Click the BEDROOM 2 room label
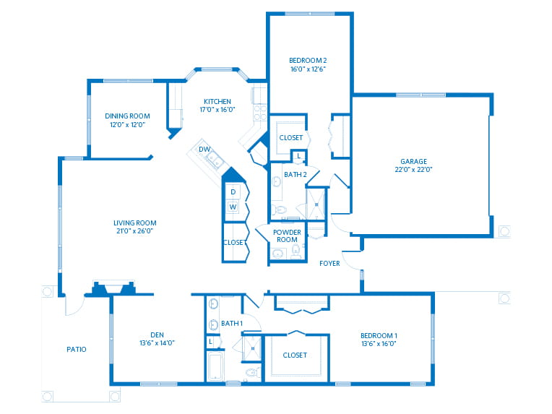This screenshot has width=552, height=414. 306,59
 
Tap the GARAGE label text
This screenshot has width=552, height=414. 414,161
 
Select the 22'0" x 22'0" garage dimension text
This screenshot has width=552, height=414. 414,170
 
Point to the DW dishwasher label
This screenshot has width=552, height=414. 204,150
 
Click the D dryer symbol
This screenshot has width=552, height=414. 233,191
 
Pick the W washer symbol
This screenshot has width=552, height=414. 233,207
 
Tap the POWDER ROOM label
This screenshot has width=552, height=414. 288,236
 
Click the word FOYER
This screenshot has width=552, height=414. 329,264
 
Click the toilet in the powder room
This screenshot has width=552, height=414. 296,251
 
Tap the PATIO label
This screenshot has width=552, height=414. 76,349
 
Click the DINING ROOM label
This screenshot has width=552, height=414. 127,116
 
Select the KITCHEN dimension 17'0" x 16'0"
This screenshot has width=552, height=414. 216,110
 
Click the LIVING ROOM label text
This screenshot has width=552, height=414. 134,223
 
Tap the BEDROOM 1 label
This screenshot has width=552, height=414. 379,335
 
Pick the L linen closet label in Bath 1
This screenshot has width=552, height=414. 211,341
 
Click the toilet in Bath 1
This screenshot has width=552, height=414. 251,372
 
